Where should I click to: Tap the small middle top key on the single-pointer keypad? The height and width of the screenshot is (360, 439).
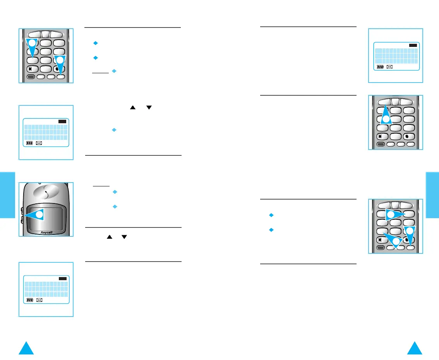click(x=395, y=100)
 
